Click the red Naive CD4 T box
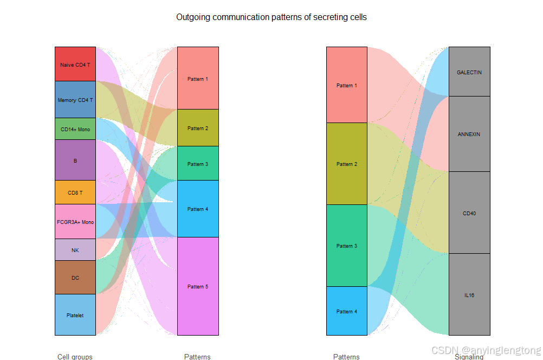click(x=75, y=64)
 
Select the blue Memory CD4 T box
click(x=75, y=100)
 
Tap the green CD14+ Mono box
click(x=75, y=129)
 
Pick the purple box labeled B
click(x=75, y=160)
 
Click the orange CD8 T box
click(x=75, y=192)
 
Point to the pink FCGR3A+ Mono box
click(x=75, y=221)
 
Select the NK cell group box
click(x=75, y=249)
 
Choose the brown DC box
click(x=75, y=277)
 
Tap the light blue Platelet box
click(x=75, y=314)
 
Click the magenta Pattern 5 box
click(x=198, y=286)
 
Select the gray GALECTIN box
click(x=469, y=72)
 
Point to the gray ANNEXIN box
click(x=469, y=134)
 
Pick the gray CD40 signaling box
click(x=469, y=213)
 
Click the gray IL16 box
click(x=469, y=294)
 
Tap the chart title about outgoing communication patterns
click(x=271, y=17)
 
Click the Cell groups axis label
click(x=75, y=356)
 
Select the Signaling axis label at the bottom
click(x=469, y=356)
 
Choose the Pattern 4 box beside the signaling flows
click(x=347, y=311)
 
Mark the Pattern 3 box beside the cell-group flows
click(x=198, y=163)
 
